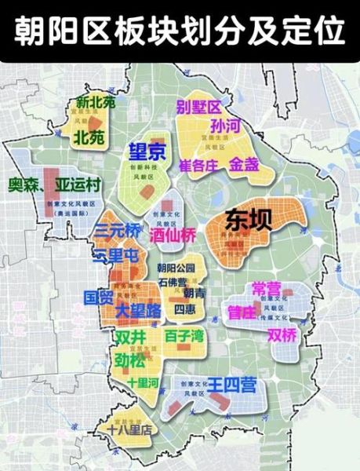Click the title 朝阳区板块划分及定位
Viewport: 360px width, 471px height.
tap(180, 31)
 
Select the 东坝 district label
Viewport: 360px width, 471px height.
tap(249, 220)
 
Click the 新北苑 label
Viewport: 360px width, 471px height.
tap(95, 102)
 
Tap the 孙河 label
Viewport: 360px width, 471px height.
tap(225, 126)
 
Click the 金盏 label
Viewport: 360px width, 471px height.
tap(243, 165)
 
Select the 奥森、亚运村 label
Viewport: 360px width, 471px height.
tap(55, 186)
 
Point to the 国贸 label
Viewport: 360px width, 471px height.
tap(99, 298)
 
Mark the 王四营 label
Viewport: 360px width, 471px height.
tap(231, 385)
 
